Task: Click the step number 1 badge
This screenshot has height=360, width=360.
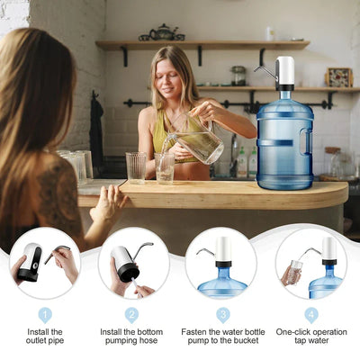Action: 45,315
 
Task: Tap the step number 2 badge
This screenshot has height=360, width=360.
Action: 131,315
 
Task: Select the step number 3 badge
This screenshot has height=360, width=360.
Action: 223,315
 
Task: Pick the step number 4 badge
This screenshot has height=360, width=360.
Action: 311,315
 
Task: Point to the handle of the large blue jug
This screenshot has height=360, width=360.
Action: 306,141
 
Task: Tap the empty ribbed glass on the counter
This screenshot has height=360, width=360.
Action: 136,167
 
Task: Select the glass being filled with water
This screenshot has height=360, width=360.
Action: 165,168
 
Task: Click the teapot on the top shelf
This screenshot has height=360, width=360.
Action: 162,33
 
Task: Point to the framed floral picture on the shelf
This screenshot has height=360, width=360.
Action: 339,77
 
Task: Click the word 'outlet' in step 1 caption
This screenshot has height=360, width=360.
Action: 36,340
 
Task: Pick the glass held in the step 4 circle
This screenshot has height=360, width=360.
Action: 295,272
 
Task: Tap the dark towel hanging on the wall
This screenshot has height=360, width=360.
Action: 96,132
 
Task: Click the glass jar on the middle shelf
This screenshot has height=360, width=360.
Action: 238,76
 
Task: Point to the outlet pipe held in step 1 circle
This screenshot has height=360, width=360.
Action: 58,254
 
